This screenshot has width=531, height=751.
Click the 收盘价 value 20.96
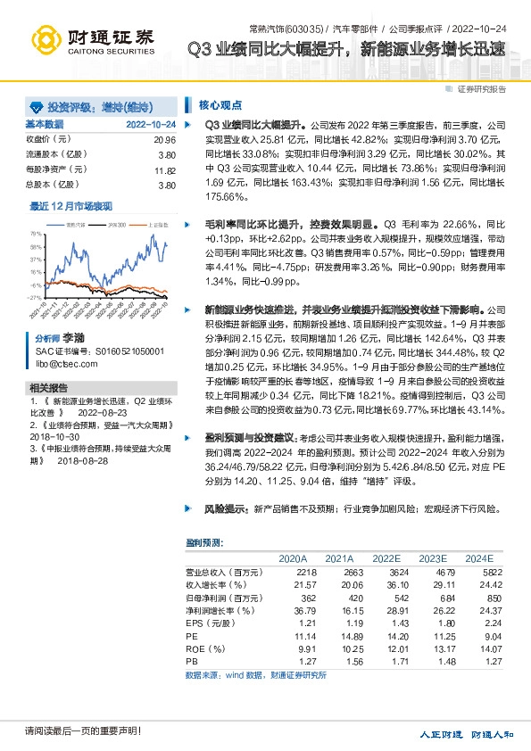164,140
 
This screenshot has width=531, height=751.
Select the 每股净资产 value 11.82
164,169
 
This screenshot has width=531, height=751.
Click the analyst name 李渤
72,339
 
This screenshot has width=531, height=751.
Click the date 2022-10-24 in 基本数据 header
151,124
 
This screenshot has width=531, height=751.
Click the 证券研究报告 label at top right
481,89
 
